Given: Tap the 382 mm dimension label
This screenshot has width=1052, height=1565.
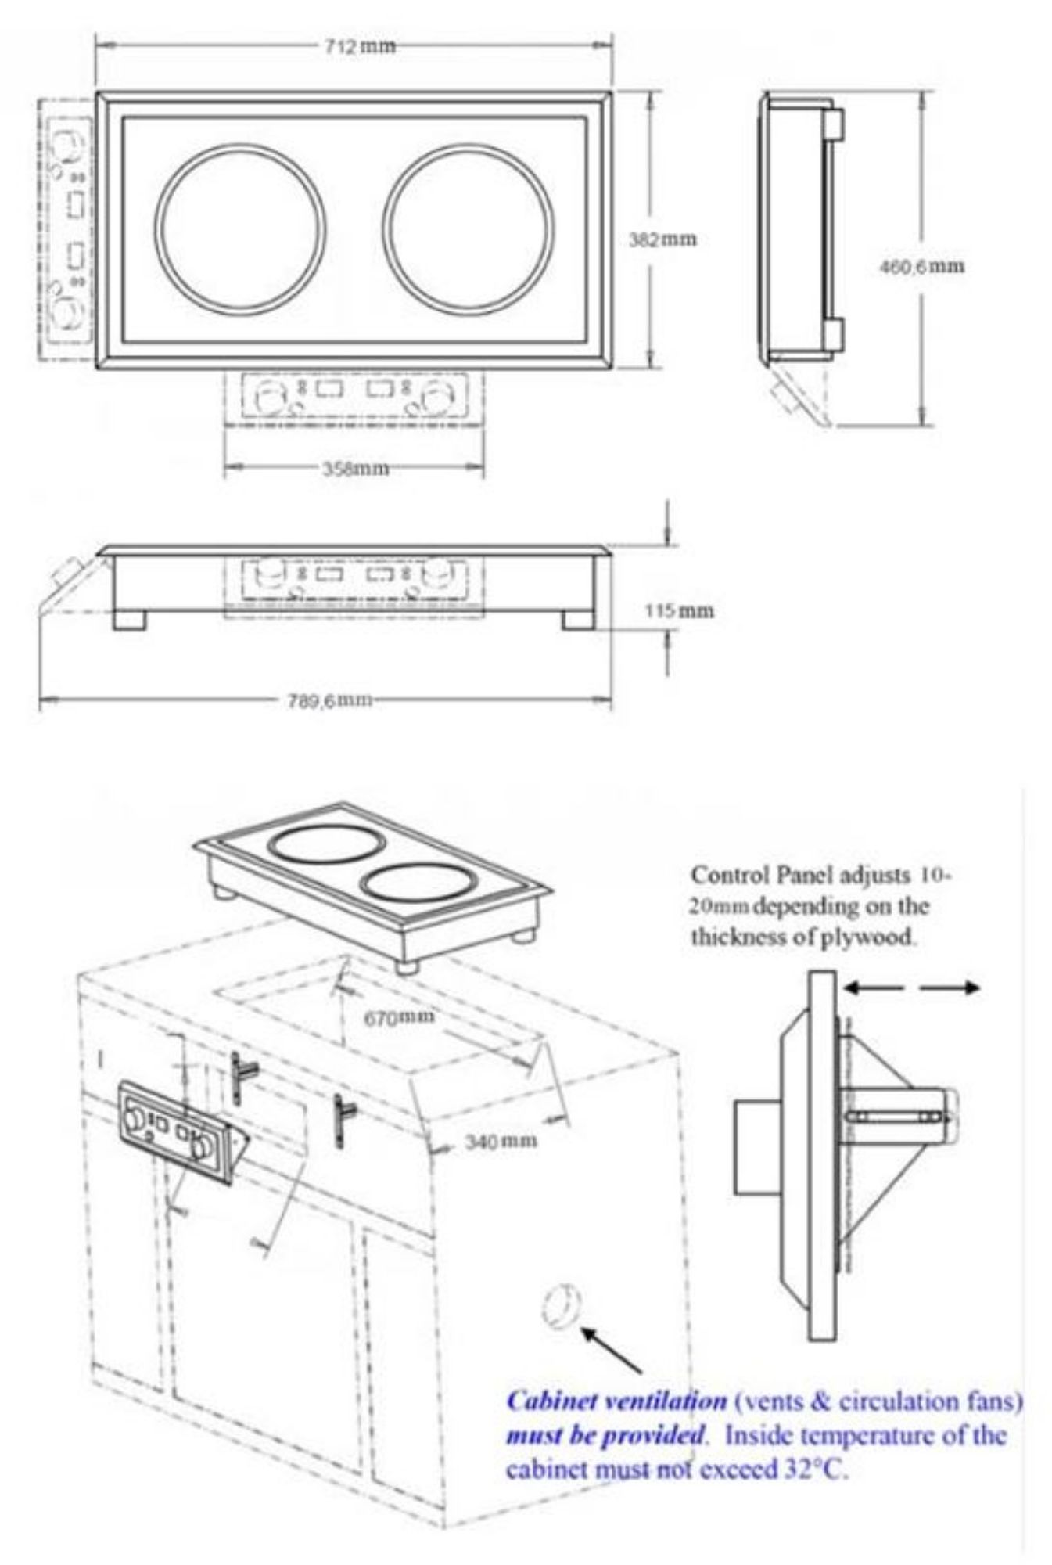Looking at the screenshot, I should click(x=662, y=239).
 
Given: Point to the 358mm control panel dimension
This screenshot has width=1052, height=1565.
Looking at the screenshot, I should click(x=356, y=469).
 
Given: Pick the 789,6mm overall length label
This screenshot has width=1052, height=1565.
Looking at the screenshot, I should click(x=326, y=700).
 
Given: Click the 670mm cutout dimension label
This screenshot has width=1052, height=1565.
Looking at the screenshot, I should click(x=399, y=1016).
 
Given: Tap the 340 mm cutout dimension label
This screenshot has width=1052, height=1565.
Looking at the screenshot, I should click(x=501, y=1141).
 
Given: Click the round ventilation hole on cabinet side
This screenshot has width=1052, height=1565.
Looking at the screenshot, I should click(x=561, y=1306).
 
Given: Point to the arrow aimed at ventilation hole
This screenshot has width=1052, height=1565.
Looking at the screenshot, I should click(x=612, y=1349).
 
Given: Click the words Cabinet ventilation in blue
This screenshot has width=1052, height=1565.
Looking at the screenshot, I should click(x=616, y=1401).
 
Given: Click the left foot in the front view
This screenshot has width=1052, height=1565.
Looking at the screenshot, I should click(x=129, y=620).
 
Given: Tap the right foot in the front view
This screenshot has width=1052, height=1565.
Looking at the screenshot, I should click(x=577, y=620).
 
